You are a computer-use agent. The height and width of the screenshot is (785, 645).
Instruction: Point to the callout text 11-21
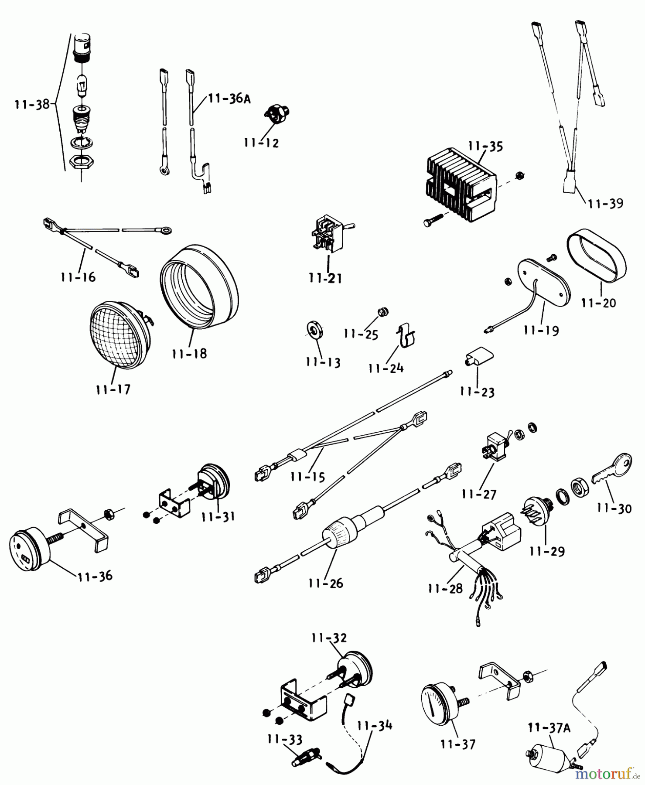pyautogui.click(x=325, y=278)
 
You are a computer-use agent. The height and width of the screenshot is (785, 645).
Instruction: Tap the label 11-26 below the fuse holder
pyautogui.click(x=326, y=583)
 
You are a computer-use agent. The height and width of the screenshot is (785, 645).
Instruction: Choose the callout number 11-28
pyautogui.click(x=445, y=588)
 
